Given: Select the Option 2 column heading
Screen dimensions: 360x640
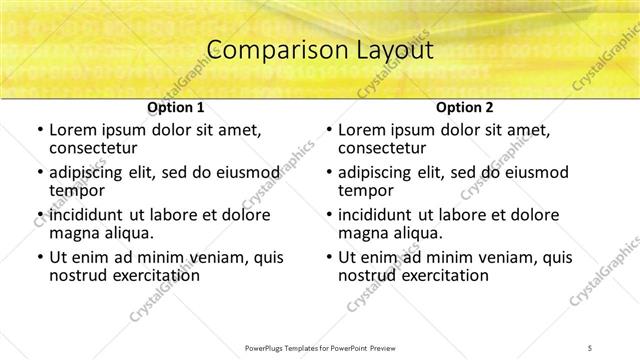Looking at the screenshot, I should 464,107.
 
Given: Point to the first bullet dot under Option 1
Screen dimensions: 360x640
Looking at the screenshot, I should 39,130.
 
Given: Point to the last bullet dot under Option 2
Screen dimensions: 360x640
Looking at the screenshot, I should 329,257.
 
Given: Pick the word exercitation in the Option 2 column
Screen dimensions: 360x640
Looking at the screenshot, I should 441,275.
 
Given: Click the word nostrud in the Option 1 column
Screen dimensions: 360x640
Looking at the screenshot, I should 76,275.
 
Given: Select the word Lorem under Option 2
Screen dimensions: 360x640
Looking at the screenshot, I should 360,130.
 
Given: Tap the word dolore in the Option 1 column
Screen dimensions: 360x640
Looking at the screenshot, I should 245,215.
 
